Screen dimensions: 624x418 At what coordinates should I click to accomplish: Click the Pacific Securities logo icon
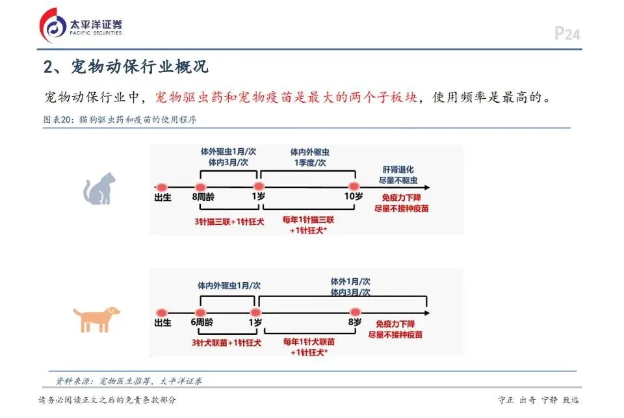pos(53,25)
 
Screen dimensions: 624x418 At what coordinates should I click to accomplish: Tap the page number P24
pos(567,34)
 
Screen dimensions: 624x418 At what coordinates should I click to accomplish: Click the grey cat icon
pos(99,189)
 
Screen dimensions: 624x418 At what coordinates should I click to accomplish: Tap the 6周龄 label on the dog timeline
pos(202,322)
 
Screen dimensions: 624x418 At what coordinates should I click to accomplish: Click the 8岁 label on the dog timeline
pos(354,322)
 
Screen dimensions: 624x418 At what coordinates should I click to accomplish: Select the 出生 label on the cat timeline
pos(162,197)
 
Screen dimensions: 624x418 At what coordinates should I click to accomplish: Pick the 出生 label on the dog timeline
pos(162,322)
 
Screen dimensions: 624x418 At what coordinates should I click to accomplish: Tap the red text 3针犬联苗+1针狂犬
pos(226,343)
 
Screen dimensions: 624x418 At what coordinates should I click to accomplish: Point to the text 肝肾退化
pos(396,169)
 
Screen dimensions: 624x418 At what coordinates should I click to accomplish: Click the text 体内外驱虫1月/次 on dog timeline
pos(229,285)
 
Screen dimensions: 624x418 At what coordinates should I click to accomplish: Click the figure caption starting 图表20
pos(120,120)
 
